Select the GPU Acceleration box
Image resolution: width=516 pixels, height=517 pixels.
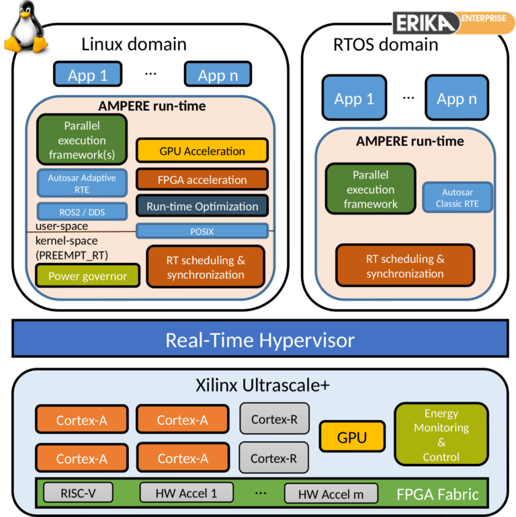click(202, 151)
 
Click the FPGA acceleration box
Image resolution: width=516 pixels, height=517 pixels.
click(202, 180)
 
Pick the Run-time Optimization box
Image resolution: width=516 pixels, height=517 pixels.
click(202, 206)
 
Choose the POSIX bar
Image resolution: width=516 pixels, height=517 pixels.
click(202, 231)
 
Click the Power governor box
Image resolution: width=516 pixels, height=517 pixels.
click(87, 276)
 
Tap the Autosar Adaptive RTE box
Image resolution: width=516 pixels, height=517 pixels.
click(82, 184)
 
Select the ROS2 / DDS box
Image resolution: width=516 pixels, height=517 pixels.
click(82, 212)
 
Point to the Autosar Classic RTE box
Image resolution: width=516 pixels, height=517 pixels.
click(458, 198)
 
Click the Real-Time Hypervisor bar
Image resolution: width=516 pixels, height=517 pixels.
click(259, 340)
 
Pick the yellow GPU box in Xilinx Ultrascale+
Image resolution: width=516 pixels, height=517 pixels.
click(352, 438)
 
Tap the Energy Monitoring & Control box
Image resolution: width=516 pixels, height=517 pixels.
click(441, 435)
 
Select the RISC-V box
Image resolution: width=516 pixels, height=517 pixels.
click(78, 493)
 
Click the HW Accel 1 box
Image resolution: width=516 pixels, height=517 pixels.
click(186, 493)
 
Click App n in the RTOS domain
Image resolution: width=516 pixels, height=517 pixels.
click(457, 100)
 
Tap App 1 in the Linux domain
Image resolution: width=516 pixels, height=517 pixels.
click(87, 75)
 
